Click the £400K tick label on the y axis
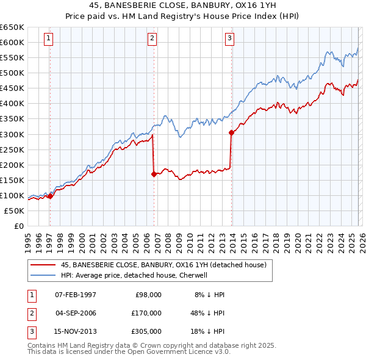[x=12, y=103]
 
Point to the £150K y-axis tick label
[x=12, y=180]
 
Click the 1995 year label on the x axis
[x=27, y=239]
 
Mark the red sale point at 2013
[x=232, y=132]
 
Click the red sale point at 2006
[x=154, y=174]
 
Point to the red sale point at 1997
[x=50, y=196]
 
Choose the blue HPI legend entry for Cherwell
[x=134, y=276]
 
